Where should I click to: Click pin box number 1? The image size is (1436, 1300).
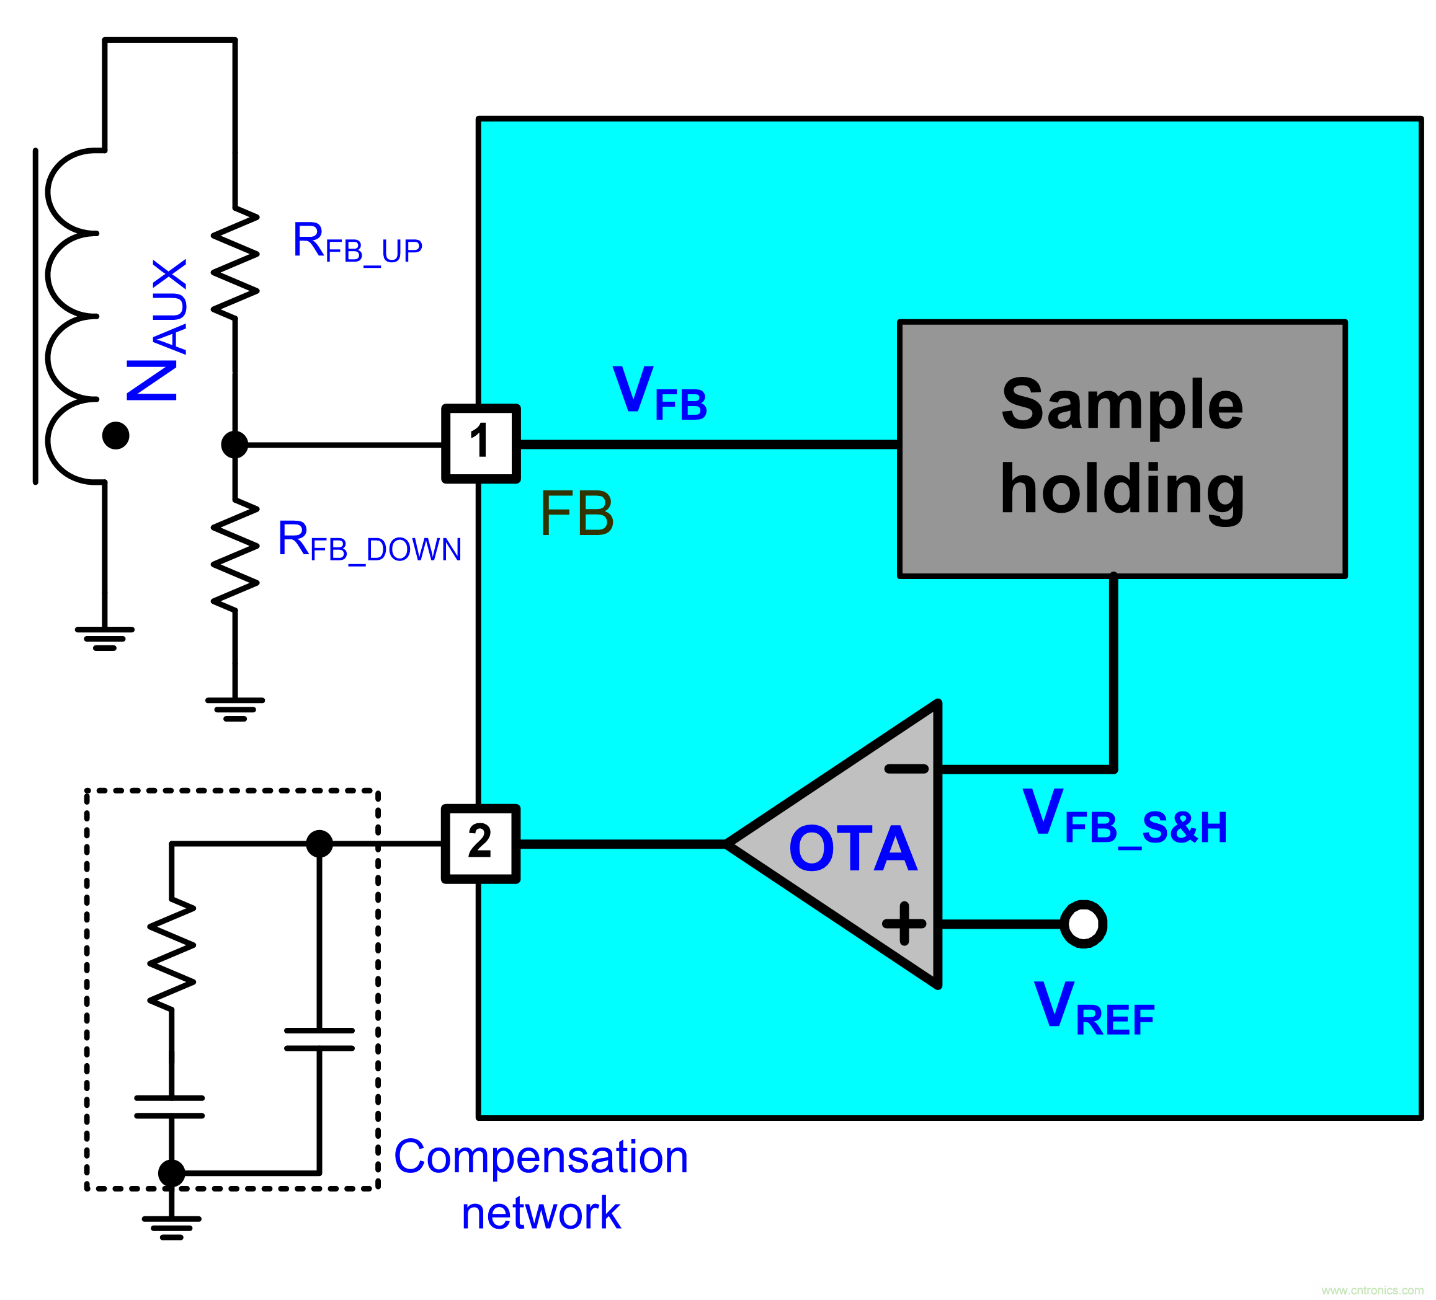coord(480,443)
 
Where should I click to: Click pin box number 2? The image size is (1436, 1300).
coord(480,844)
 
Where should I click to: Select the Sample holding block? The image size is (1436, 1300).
coord(1122,448)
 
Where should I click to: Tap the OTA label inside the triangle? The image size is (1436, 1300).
coord(853,849)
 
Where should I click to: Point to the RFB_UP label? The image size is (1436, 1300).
coord(357,243)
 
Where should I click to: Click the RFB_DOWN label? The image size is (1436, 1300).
coord(369,542)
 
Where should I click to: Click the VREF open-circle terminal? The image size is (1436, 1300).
coord(1084,924)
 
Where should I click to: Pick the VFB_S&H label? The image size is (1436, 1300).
coord(1125,818)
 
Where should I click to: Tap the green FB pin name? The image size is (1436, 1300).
coord(576,514)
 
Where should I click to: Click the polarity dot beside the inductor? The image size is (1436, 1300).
coord(115,435)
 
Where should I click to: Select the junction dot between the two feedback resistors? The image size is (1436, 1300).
coord(234,444)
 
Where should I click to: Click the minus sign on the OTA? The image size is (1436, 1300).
coord(906,769)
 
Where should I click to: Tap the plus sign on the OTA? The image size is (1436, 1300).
coord(904,923)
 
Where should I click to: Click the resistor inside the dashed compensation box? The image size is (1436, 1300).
coord(172,954)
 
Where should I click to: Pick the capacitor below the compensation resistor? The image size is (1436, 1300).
coord(170,1107)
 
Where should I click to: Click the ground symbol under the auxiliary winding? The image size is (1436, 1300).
coord(105,638)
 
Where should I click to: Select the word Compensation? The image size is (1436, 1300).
coord(541,1157)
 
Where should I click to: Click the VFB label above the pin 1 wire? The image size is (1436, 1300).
coord(659,394)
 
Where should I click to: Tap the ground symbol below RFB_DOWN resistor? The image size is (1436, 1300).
coord(235,709)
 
